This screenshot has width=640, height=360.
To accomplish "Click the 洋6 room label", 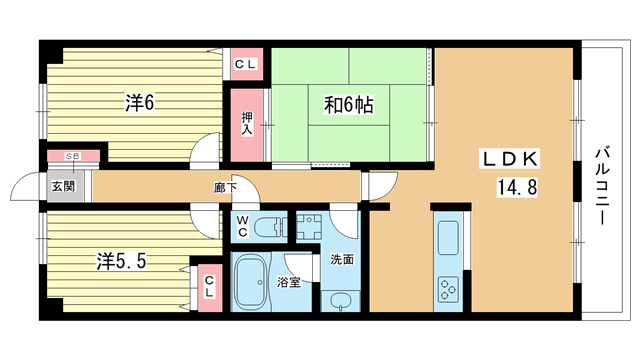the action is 140,102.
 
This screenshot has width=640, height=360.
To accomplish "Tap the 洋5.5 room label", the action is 121,260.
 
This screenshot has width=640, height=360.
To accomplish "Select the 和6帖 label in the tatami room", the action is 349,105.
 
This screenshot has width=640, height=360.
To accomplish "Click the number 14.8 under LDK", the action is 516,187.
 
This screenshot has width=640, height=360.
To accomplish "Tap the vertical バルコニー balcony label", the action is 601,187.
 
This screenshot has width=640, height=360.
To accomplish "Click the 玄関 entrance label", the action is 64,186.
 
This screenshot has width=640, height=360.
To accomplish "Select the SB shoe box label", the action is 73,156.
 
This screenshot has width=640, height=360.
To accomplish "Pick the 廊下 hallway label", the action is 225,187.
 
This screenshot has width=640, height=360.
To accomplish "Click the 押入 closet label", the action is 247,124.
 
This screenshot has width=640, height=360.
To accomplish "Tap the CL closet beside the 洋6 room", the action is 246,64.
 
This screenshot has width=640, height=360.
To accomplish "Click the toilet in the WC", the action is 271,227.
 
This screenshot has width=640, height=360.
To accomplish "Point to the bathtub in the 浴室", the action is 251,281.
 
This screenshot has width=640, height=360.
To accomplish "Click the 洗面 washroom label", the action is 342,259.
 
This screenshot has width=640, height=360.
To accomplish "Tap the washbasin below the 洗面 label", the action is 340,302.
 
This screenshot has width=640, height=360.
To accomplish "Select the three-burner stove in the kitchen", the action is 448,289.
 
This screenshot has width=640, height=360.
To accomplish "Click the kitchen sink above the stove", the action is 448,238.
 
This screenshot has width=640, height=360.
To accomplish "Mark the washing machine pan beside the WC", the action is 309,227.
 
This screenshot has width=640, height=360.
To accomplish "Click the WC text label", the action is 242,227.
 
